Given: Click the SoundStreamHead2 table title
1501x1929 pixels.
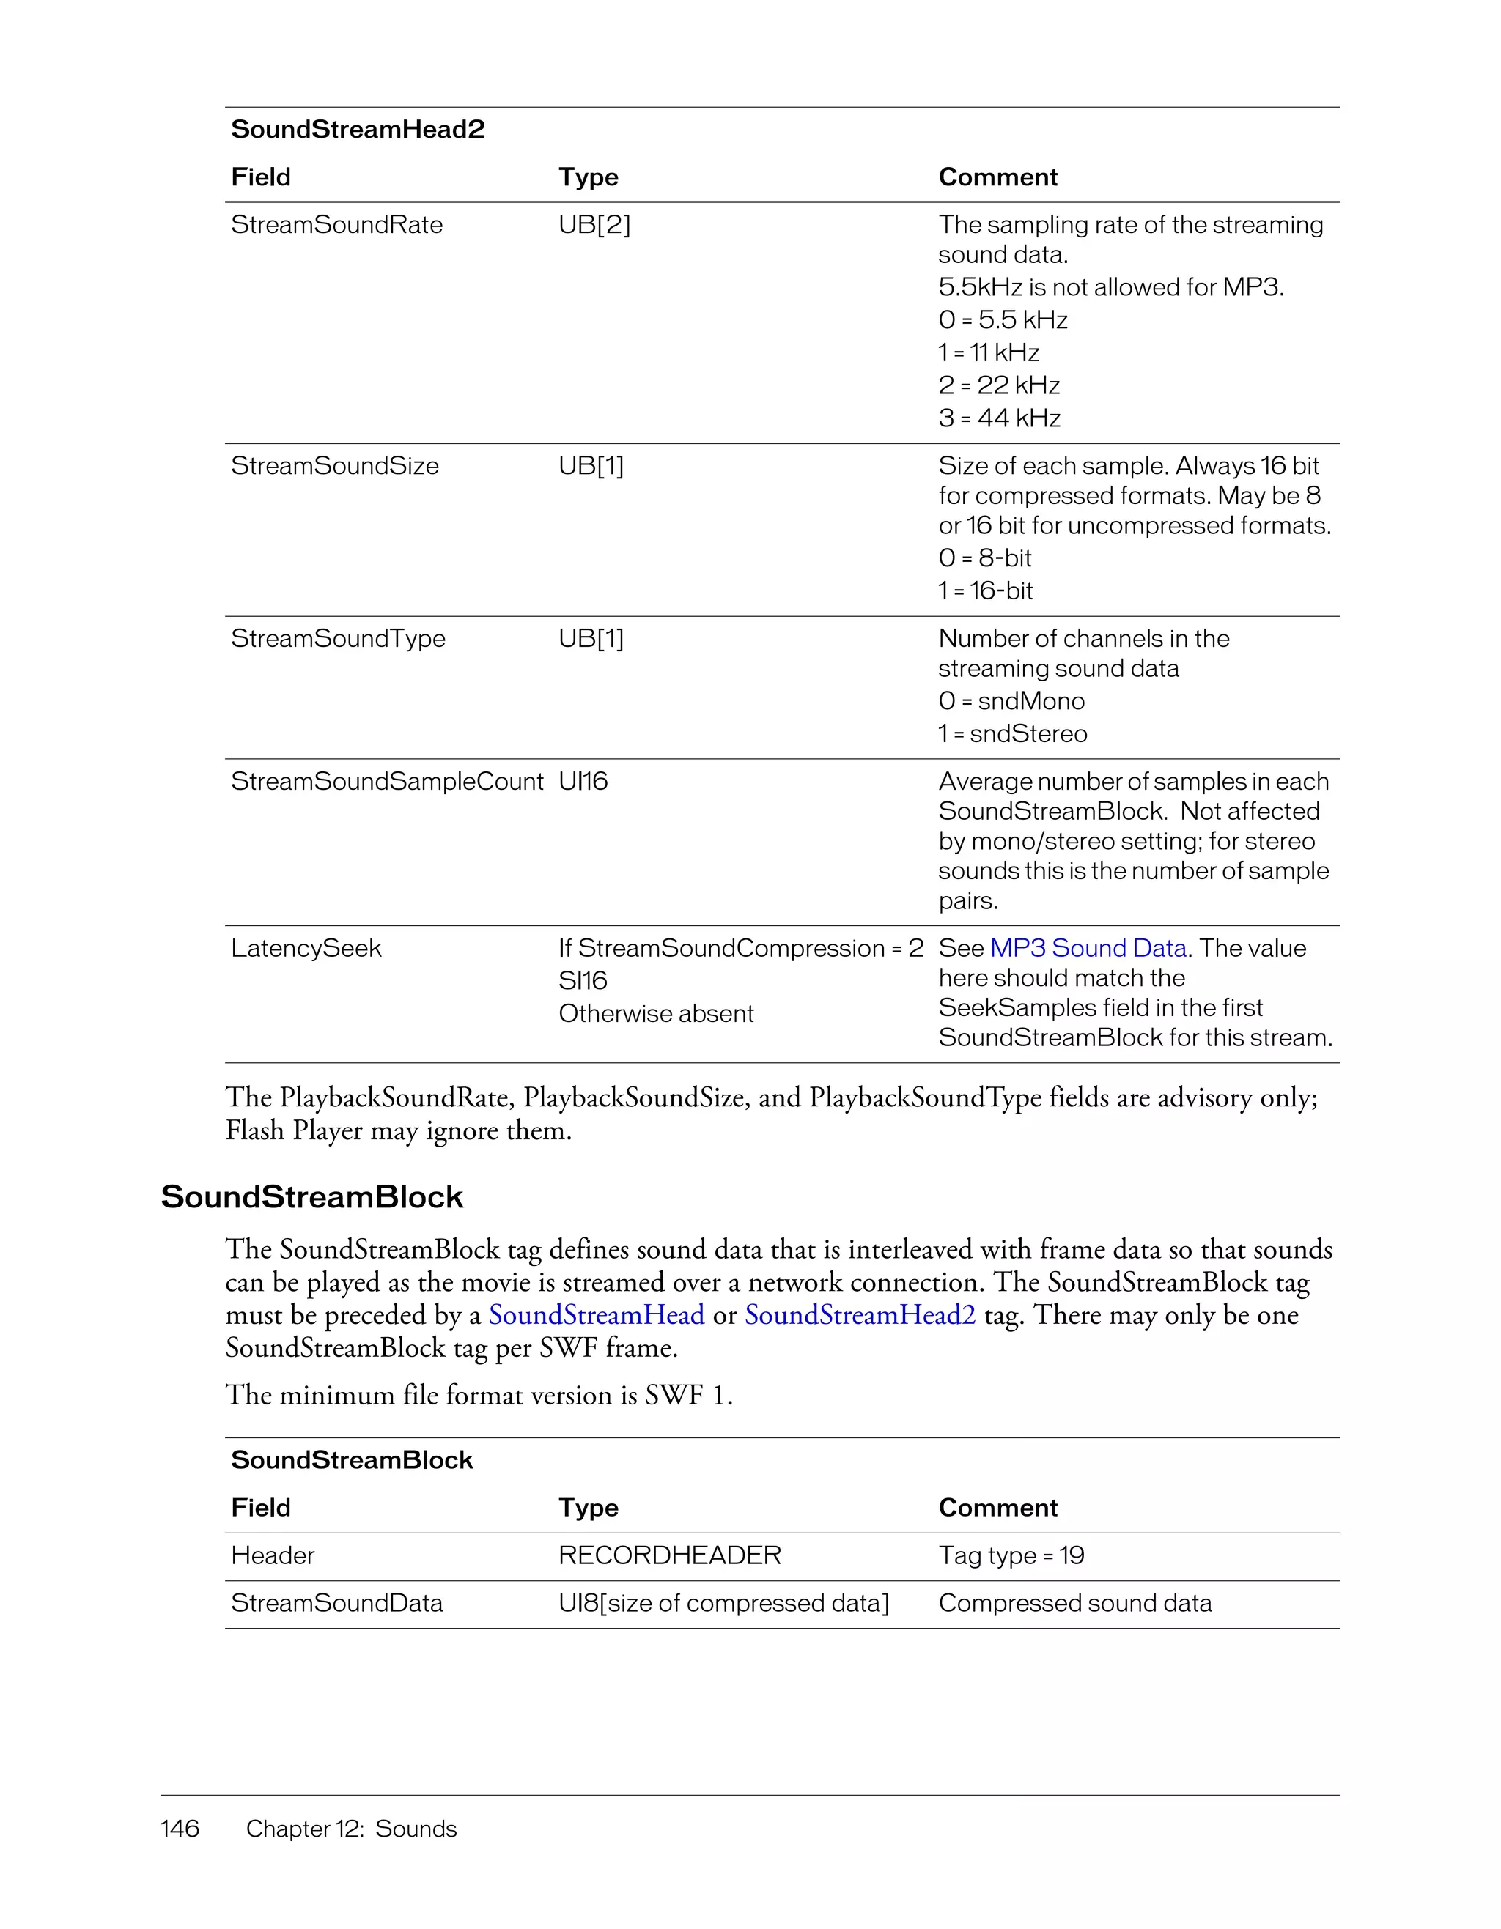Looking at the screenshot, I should (x=358, y=129).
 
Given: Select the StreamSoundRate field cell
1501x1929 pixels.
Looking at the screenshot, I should (x=336, y=224).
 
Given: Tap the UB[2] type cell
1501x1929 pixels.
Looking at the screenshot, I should (x=594, y=224).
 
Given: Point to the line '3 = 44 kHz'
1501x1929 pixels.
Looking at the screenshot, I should (x=999, y=418).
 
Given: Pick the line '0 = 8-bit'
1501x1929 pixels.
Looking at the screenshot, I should (x=984, y=558).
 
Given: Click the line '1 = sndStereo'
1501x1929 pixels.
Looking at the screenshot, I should (x=1012, y=734).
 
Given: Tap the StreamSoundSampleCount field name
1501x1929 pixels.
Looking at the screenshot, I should (x=387, y=782).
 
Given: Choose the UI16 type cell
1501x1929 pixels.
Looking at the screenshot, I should (x=583, y=782).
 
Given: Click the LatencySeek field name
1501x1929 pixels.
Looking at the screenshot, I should (x=306, y=949).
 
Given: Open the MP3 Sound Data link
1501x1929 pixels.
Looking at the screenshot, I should (x=1088, y=949).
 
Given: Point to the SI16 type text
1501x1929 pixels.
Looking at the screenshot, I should (x=583, y=980).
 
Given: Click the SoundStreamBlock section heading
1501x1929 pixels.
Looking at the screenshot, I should (x=312, y=1197).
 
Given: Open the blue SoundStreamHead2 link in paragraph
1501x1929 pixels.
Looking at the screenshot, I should (x=860, y=1315).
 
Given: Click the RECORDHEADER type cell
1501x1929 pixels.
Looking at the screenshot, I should (x=670, y=1555).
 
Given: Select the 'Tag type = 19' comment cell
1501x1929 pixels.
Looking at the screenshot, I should (x=1011, y=1555).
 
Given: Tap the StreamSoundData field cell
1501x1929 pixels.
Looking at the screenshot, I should (x=336, y=1603).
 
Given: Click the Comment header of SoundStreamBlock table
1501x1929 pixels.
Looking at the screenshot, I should (x=997, y=1508).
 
